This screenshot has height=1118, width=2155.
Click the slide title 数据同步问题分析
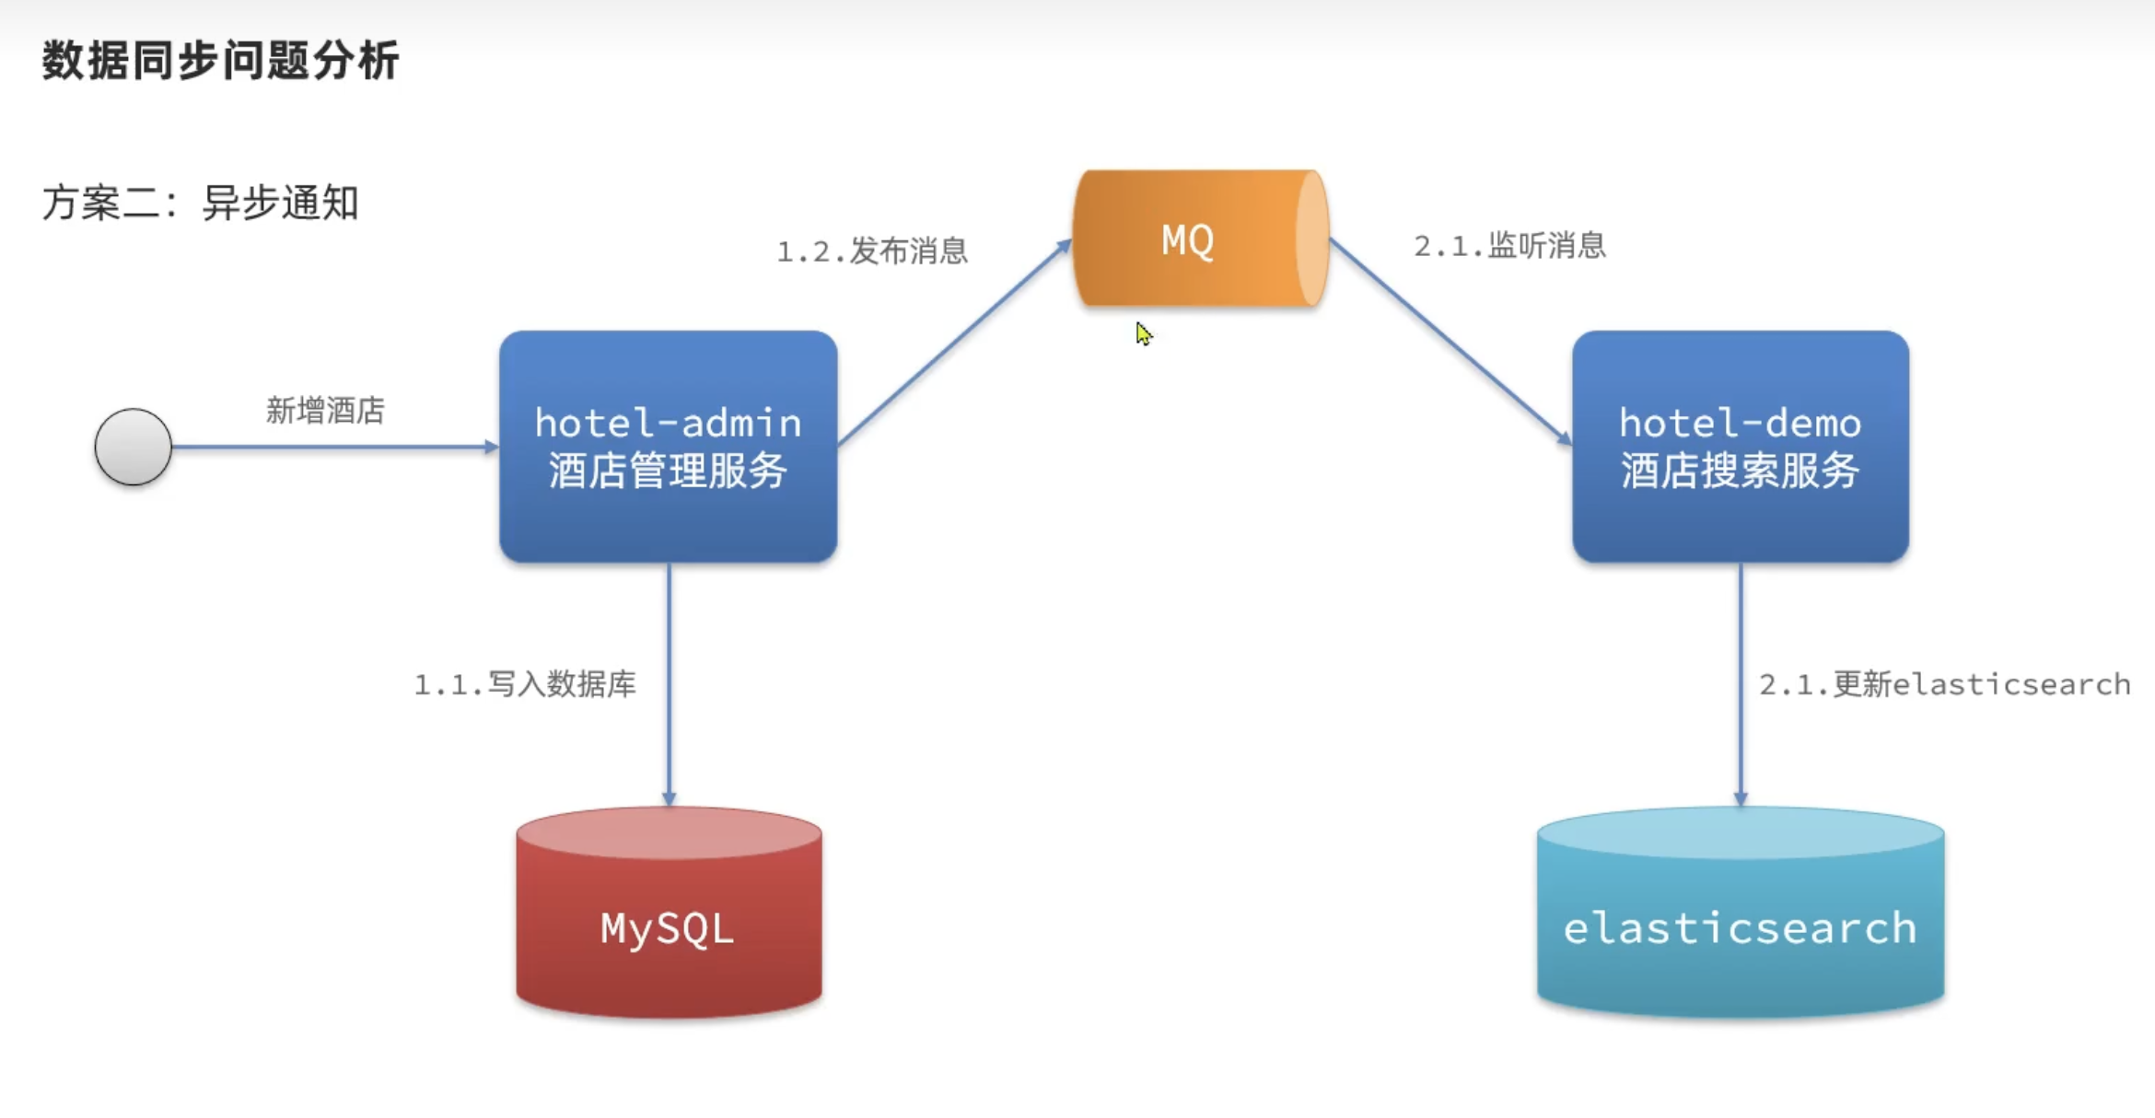click(x=220, y=61)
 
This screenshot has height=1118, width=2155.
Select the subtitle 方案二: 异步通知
click(x=200, y=203)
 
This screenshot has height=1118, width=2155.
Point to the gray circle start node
click(x=134, y=447)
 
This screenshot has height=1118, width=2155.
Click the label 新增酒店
click(x=325, y=411)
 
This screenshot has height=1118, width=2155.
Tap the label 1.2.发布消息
click(x=872, y=250)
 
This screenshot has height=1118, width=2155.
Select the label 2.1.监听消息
click(x=1509, y=246)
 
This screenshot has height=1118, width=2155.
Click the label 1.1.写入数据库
click(x=525, y=684)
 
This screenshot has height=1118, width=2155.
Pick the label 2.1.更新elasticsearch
click(x=1944, y=684)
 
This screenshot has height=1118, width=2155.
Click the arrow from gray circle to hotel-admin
click(x=332, y=447)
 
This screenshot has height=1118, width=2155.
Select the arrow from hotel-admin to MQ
click(x=953, y=343)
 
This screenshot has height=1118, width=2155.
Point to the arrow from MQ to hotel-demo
click(x=1450, y=342)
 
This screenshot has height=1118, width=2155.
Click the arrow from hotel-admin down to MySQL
click(x=669, y=681)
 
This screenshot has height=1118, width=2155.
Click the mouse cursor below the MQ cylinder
click(x=1143, y=333)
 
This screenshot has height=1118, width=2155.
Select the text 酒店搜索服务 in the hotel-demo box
click(x=1740, y=471)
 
